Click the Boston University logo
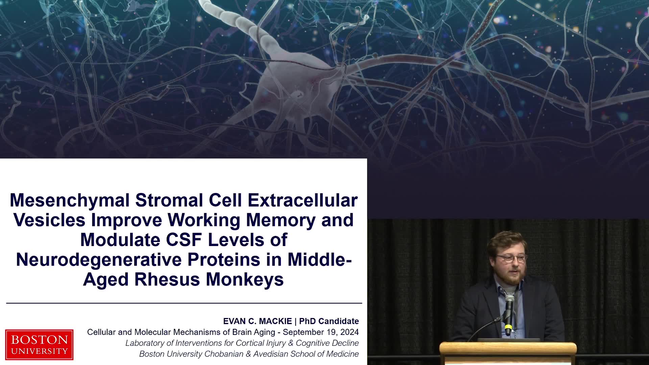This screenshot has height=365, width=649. [x=39, y=344]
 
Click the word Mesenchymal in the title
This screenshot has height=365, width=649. [x=70, y=200]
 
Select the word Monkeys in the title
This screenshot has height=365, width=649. [x=245, y=280]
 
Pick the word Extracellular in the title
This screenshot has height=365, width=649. [x=303, y=200]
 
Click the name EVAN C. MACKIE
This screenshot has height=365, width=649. [x=257, y=321]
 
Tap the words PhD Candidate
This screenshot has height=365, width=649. [x=329, y=321]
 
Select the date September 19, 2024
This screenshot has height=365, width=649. [x=321, y=332]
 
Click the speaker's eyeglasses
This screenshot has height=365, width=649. [x=511, y=259]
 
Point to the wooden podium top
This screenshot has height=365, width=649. [x=508, y=348]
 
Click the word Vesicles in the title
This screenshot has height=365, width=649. [x=49, y=220]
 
